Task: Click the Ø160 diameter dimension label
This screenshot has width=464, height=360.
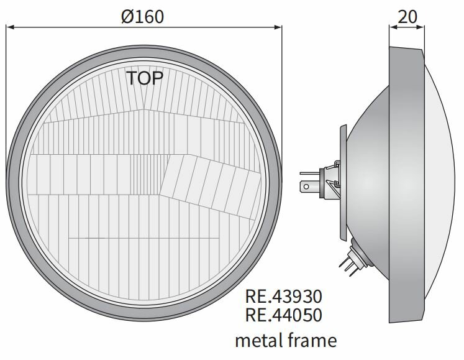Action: [x=143, y=17]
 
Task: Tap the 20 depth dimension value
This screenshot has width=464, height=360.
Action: [x=407, y=17]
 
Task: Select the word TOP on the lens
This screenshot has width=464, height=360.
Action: [x=145, y=78]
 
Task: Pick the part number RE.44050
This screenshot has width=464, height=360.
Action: [x=284, y=315]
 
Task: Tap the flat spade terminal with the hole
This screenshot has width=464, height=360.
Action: [x=306, y=186]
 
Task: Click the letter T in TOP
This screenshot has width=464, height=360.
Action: [x=132, y=78]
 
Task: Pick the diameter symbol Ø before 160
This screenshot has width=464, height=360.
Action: [x=127, y=17]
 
